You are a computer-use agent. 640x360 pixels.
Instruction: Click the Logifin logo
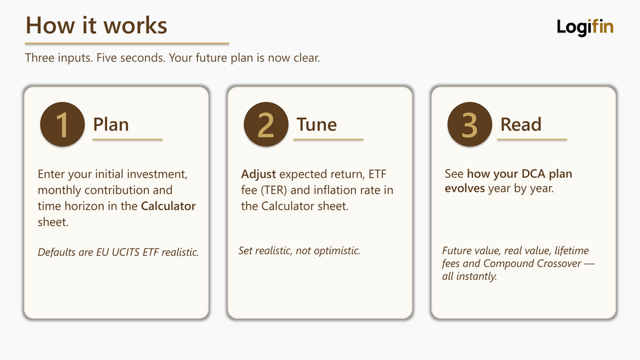pyautogui.click(x=585, y=27)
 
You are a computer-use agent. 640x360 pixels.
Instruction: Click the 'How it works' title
pyautogui.click(x=96, y=25)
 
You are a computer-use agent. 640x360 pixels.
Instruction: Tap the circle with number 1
pyautogui.click(x=62, y=124)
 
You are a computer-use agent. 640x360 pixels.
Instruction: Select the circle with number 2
pyautogui.click(x=266, y=124)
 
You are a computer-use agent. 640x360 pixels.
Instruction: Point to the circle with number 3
pyautogui.click(x=469, y=124)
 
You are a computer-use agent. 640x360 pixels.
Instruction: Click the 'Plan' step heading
pyautogui.click(x=111, y=124)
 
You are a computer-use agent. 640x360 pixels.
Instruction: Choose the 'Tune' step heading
pyautogui.click(x=316, y=124)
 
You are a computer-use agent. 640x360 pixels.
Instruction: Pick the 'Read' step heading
pyautogui.click(x=521, y=124)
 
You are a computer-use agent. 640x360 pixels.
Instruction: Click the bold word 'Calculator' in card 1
pyautogui.click(x=168, y=206)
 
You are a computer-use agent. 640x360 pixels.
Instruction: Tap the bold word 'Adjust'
pyautogui.click(x=259, y=175)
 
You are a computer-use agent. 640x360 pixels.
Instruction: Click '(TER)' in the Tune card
pyautogui.click(x=274, y=191)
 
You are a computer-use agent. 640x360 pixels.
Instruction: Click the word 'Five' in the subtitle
pyautogui.click(x=106, y=57)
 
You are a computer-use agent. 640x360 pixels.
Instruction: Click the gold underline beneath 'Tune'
pyautogui.click(x=328, y=140)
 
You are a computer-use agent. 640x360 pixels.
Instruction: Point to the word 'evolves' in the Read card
pyautogui.click(x=464, y=189)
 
